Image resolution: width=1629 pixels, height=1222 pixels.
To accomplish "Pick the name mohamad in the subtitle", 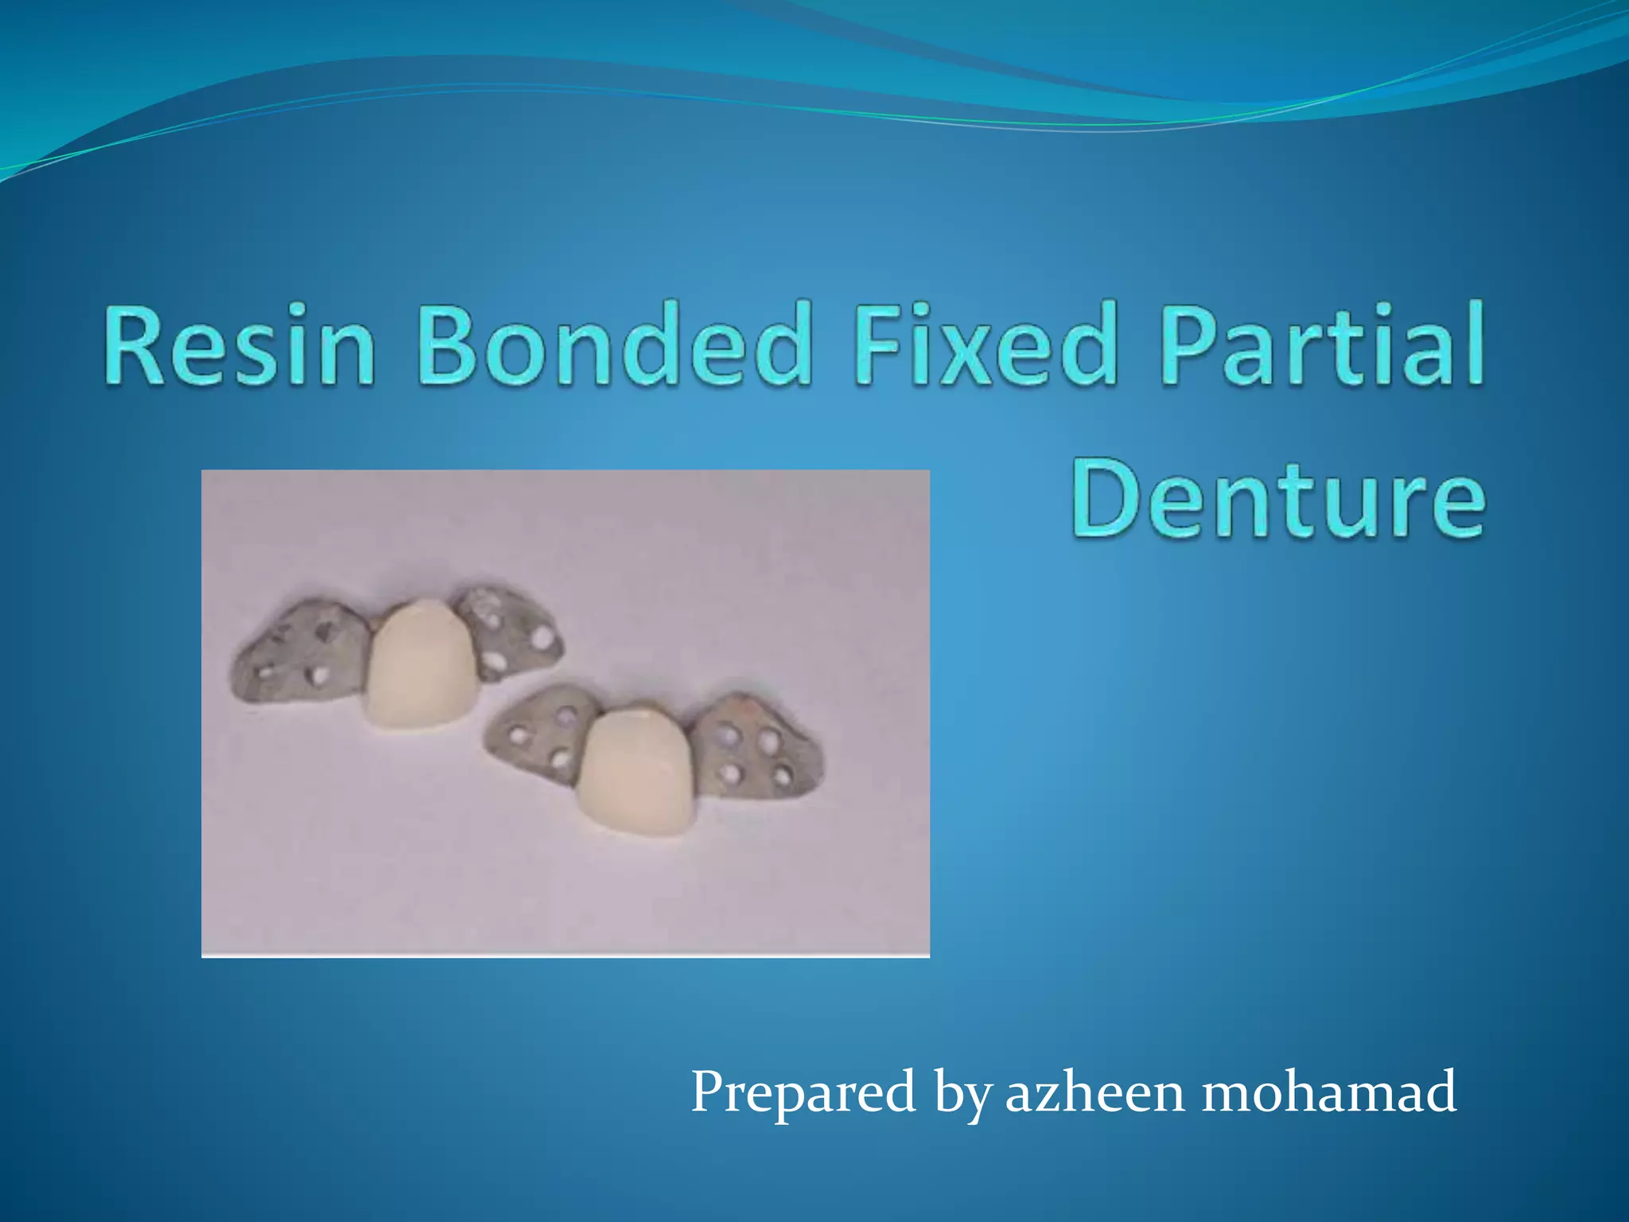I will click(1328, 1091).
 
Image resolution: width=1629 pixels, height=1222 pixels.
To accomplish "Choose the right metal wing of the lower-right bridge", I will click(756, 748).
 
